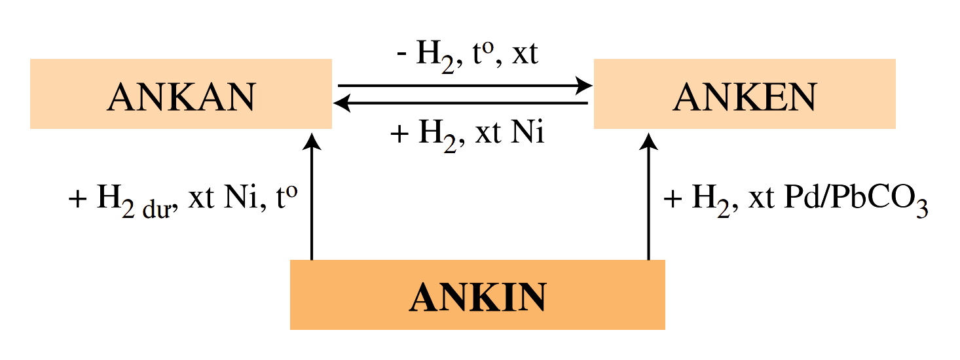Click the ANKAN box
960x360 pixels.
point(181,94)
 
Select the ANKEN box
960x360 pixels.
point(745,94)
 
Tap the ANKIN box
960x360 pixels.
point(477,295)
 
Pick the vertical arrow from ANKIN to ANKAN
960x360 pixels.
point(312,196)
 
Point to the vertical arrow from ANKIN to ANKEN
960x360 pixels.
point(648,196)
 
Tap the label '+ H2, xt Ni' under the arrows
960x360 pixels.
point(467,134)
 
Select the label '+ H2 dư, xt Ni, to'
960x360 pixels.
point(183,198)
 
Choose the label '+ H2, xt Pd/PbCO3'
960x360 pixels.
point(796,199)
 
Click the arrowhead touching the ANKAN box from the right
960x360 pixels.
point(342,103)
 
